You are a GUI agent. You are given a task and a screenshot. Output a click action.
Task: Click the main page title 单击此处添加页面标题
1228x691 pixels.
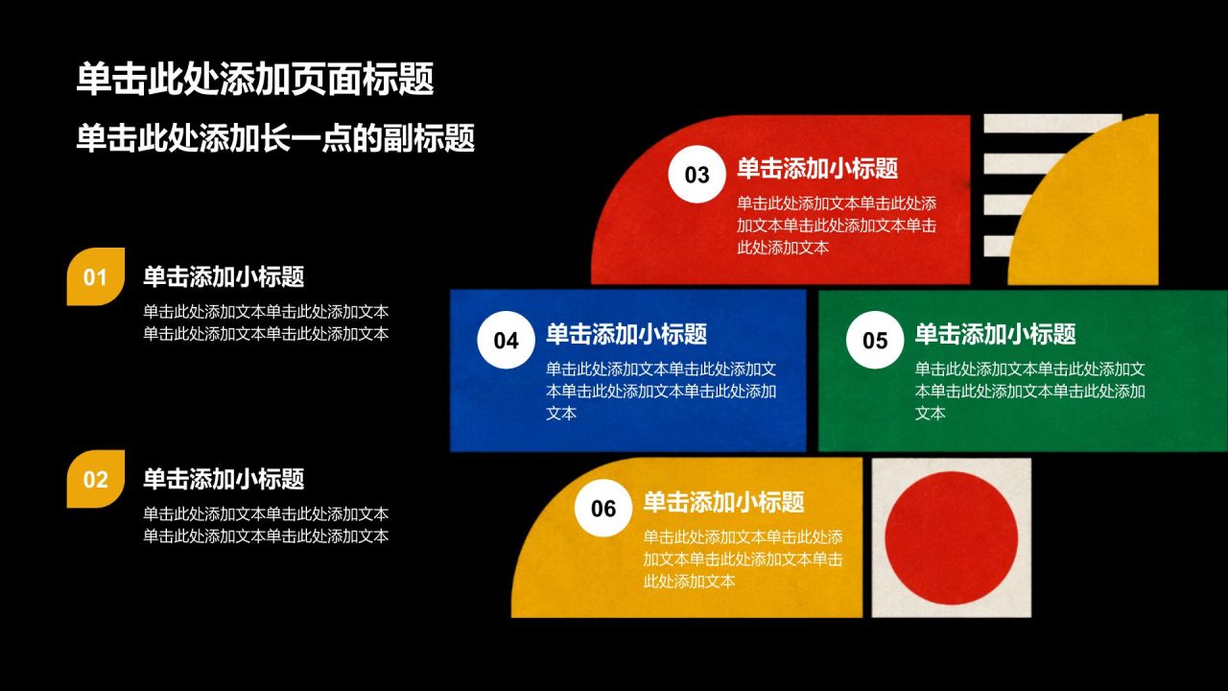255,79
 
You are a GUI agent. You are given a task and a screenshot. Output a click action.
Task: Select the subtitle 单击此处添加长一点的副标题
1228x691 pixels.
275,137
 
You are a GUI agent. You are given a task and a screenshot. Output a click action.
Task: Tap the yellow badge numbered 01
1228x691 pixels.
95,276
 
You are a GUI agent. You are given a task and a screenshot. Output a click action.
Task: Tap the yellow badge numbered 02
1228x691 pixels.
95,479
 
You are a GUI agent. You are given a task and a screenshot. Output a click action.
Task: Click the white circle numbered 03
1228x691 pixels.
697,175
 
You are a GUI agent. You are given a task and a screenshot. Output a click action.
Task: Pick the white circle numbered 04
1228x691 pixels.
506,340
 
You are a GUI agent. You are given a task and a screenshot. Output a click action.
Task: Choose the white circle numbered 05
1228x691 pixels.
874,340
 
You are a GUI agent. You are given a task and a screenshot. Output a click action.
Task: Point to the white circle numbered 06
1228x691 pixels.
603,508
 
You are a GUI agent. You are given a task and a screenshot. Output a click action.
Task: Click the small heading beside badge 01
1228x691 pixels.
224,276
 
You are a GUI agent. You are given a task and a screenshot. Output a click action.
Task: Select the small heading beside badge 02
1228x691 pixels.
224,479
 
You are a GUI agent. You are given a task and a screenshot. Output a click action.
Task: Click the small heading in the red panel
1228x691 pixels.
817,168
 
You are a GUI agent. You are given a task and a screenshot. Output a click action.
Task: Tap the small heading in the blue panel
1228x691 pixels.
626,333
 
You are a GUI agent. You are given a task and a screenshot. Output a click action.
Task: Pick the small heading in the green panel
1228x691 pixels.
996,333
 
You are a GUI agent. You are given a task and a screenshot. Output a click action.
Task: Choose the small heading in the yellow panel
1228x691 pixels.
723,502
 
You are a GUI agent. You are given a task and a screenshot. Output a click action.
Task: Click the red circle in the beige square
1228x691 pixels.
951,538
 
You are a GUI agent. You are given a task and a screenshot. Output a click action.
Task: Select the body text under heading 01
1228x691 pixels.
266,322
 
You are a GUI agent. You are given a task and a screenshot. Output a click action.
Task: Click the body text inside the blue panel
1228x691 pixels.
661,391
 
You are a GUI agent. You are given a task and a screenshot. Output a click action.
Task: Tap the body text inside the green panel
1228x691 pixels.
1030,391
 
